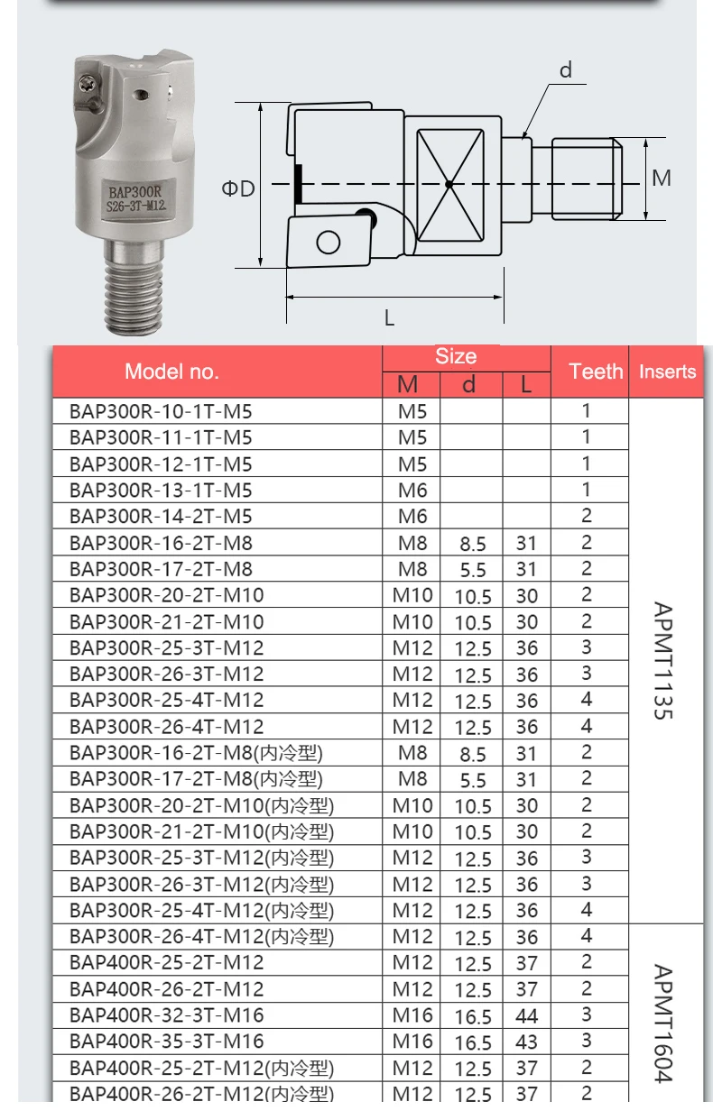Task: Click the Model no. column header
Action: click(x=171, y=372)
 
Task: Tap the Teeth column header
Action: click(x=596, y=372)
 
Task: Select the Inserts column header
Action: click(x=668, y=372)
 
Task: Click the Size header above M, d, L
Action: click(x=456, y=356)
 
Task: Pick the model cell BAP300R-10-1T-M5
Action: click(x=161, y=411)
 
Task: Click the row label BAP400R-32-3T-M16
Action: click(x=166, y=1015)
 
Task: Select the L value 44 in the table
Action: click(x=526, y=1016)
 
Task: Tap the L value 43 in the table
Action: click(x=526, y=1042)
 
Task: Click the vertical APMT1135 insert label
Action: click(x=663, y=660)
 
